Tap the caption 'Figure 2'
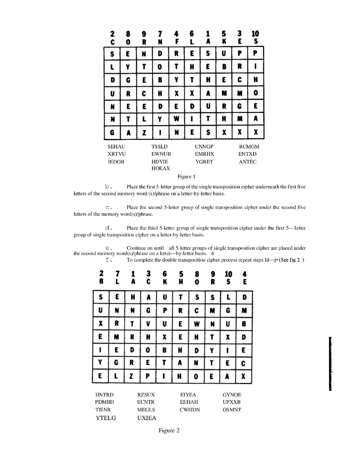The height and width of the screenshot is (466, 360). (170, 430)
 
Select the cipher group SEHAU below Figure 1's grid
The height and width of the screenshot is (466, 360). (116, 147)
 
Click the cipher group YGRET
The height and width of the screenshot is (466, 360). (204, 161)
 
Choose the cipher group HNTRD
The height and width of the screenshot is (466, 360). (105, 395)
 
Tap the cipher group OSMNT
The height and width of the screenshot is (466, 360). (232, 409)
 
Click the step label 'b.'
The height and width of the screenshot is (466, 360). (108, 187)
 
